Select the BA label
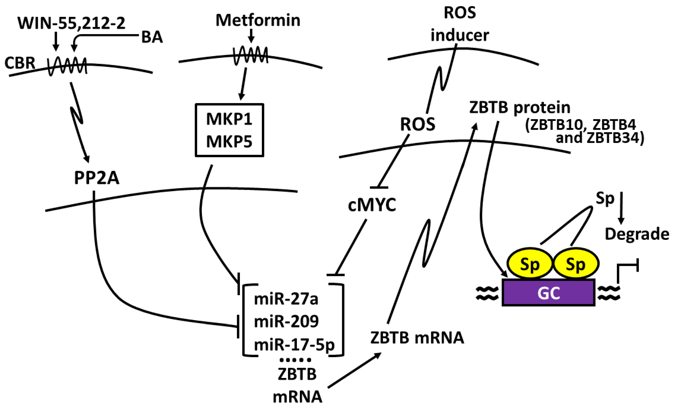[152, 37]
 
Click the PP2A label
[97, 178]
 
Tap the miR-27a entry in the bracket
[286, 299]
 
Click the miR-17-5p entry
[294, 345]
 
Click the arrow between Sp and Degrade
[621, 208]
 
